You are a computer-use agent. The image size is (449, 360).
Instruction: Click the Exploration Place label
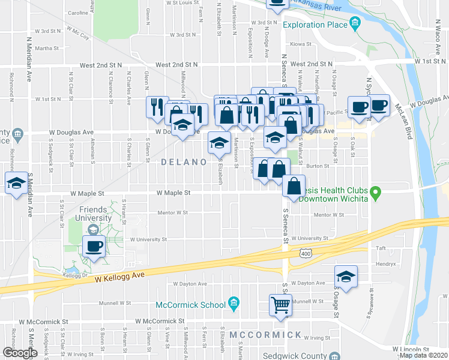315,25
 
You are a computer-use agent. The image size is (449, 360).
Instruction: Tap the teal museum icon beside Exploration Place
355,25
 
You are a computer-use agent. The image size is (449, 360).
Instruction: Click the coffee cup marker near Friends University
94,246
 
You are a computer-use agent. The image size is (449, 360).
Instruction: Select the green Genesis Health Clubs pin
376,193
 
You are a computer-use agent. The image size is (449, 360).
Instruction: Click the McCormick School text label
190,305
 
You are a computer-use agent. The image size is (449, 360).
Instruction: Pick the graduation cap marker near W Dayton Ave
346,276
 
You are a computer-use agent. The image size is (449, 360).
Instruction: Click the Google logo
20,353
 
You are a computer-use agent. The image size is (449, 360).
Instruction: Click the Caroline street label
78,13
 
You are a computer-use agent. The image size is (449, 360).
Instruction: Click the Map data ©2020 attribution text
424,355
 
